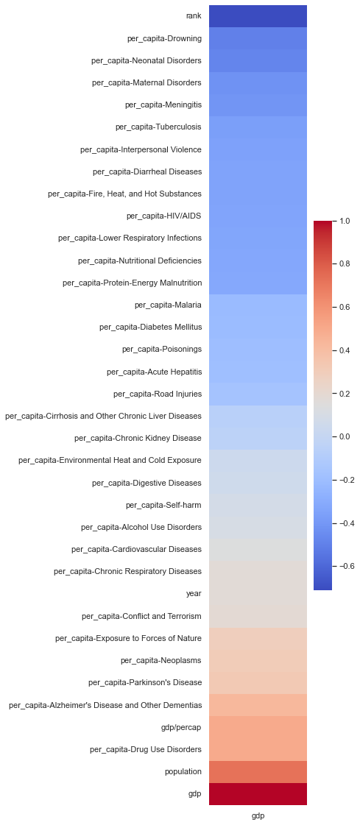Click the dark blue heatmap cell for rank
(x=258, y=16)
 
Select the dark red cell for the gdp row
(x=258, y=793)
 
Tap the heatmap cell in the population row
(x=258, y=771)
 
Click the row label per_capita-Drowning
(x=164, y=38)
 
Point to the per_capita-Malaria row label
(x=168, y=305)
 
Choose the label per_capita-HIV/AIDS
(x=163, y=216)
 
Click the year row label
(x=194, y=593)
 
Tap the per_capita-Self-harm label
(x=163, y=505)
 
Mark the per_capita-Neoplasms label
(x=160, y=660)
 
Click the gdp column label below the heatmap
(x=258, y=815)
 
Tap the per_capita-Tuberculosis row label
(x=158, y=127)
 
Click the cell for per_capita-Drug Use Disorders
(x=258, y=749)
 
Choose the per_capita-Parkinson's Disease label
(x=144, y=682)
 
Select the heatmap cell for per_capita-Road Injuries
(x=258, y=394)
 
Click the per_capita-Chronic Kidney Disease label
(x=138, y=438)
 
